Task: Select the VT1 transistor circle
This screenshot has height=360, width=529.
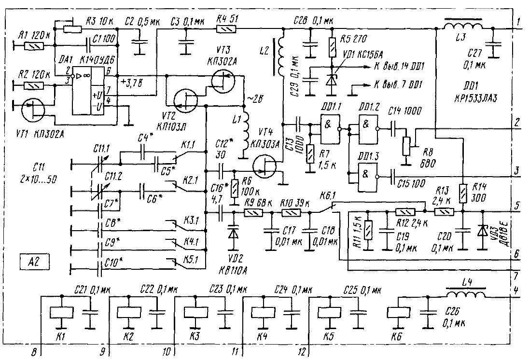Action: pos(33,111)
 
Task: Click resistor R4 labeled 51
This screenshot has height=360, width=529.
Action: pos(226,29)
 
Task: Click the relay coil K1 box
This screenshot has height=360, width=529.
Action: pos(60,312)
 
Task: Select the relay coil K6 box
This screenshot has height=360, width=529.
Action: pos(399,312)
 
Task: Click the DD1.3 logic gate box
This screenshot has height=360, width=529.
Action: pos(368,172)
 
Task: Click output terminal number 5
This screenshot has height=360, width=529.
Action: pos(517,206)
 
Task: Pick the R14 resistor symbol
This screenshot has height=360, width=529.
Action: pos(462,193)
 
